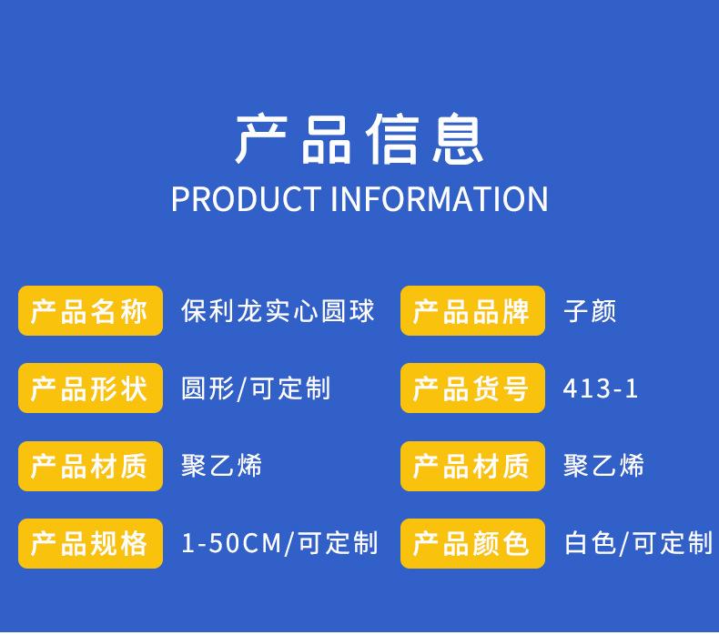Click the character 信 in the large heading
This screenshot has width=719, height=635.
pos(392,139)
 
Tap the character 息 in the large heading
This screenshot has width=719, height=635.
pos(458,139)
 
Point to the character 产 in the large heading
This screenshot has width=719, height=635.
pos(262,139)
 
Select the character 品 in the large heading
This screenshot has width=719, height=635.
pos(327,140)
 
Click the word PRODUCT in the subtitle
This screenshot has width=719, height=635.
pos(247,199)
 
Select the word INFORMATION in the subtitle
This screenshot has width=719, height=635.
pos(440,199)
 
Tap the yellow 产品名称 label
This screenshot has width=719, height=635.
pos(90,311)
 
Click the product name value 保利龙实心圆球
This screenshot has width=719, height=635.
pos(278,311)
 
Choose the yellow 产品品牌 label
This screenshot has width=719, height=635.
pos(472,311)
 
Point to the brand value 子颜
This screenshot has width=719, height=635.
pos(590,311)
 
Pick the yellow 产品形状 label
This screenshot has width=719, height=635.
pos(90,388)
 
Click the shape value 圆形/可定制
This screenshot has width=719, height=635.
pos(256,388)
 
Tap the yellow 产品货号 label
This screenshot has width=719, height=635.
pos(472,388)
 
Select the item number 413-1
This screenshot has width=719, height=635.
pos(601,388)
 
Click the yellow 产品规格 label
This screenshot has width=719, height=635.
pos(90,543)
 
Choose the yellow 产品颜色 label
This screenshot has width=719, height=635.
pos(472,543)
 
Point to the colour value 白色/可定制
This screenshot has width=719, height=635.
pos(638,543)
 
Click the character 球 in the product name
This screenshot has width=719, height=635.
pos(361,311)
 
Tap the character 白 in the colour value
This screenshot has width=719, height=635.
pos(577,543)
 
